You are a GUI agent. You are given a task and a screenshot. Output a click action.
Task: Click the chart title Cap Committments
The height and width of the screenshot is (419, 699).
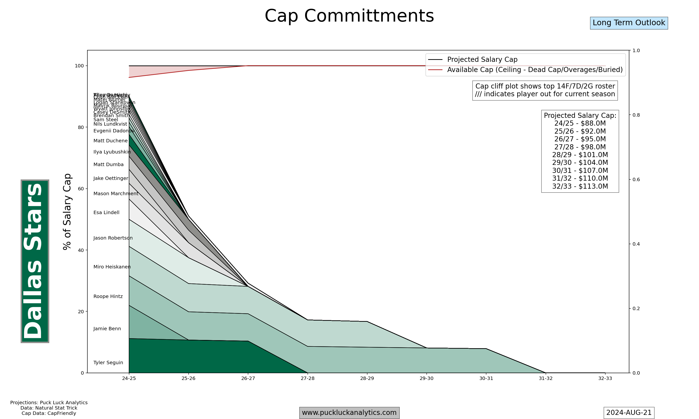click(349, 16)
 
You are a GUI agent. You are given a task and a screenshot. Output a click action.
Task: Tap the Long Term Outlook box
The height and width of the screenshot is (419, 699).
click(629, 23)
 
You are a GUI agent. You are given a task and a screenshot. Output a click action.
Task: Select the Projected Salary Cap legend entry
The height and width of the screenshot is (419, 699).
click(482, 60)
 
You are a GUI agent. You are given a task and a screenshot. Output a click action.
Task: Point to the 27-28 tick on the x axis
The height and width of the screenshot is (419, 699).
click(308, 378)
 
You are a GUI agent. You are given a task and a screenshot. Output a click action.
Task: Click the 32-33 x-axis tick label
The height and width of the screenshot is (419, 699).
click(605, 378)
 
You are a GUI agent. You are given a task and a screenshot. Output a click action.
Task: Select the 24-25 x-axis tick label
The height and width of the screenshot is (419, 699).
click(129, 378)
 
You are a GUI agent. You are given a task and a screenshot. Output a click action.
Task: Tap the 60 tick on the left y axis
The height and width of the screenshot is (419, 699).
click(81, 189)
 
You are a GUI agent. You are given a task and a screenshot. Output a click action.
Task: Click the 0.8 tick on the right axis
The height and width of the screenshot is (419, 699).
click(636, 115)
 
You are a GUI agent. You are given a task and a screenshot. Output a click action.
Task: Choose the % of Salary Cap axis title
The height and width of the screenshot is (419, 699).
click(67, 212)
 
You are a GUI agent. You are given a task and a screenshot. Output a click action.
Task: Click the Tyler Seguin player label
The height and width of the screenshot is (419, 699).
click(108, 363)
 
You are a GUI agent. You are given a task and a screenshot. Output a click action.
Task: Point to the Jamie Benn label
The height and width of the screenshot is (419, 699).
click(107, 329)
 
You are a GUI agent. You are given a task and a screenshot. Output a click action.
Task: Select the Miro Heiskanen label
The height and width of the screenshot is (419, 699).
click(112, 267)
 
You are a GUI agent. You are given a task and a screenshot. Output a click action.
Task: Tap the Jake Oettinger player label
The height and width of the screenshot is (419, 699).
click(111, 178)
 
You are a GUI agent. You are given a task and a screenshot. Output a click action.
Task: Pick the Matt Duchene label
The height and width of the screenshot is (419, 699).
click(110, 141)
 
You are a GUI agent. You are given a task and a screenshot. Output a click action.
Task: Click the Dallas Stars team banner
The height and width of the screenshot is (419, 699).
click(35, 261)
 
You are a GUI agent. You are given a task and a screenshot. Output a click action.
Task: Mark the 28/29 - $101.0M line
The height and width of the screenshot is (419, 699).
click(580, 155)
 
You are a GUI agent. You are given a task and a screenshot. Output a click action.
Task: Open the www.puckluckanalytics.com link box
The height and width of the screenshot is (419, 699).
click(349, 412)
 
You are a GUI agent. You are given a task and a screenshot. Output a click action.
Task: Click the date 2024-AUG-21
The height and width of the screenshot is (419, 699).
click(629, 412)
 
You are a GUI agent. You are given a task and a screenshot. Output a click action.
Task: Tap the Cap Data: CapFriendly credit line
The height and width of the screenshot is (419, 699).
click(49, 413)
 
